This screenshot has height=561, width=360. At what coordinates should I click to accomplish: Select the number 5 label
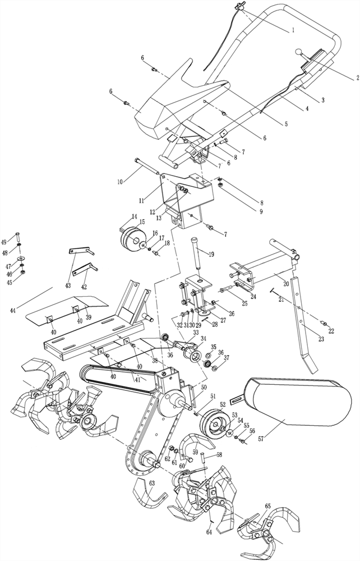tap(286, 125)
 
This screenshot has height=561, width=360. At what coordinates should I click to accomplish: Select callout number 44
tap(12, 309)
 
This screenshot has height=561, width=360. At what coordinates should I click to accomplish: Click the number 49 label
tap(4, 242)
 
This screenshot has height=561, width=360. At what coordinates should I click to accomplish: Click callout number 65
tap(268, 506)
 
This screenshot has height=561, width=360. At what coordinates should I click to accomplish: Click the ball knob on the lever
tap(298, 52)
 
